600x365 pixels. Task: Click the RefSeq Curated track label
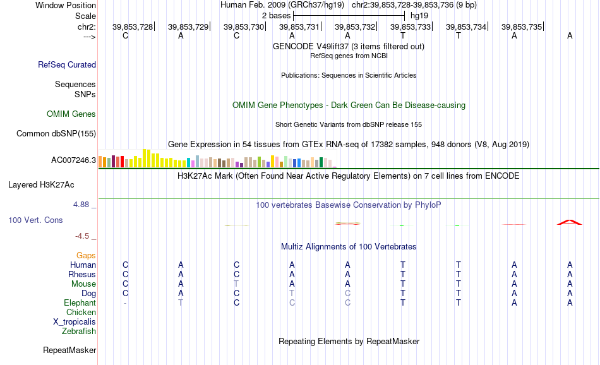67,64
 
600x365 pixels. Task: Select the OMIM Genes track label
71,114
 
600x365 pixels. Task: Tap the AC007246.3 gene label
73,160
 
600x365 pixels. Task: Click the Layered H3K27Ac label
41,185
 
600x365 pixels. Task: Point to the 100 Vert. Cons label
35,220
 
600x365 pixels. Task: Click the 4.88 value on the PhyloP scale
81,205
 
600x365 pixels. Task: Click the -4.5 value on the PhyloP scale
82,236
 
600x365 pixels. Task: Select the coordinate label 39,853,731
299,27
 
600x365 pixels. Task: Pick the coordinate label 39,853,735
522,27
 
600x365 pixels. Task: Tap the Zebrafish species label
79,332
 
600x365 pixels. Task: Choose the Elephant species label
80,303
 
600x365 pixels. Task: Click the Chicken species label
81,313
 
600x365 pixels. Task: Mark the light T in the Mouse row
236,284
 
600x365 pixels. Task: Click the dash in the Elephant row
125,303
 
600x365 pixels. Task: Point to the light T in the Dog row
292,294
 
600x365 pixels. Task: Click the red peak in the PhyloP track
570,222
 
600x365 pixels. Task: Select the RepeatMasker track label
69,350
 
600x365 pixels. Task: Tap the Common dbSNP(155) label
56,133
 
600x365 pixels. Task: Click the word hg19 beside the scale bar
419,16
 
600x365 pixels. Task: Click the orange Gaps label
86,256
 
